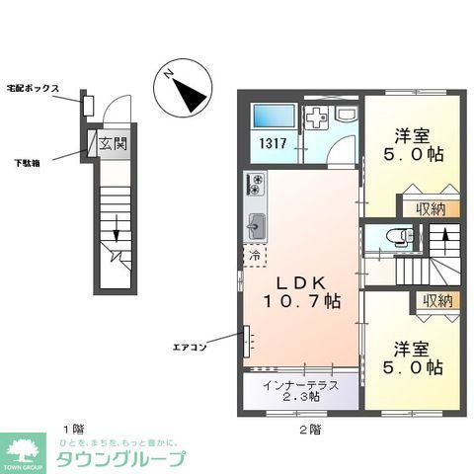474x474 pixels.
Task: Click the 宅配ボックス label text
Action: click(x=36, y=89)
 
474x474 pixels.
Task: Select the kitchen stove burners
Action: click(x=255, y=185)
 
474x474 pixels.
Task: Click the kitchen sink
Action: click(x=255, y=225)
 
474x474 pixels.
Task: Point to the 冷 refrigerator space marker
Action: click(x=254, y=257)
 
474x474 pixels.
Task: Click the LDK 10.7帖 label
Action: click(x=295, y=285)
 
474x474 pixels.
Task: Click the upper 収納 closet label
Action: click(x=430, y=208)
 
